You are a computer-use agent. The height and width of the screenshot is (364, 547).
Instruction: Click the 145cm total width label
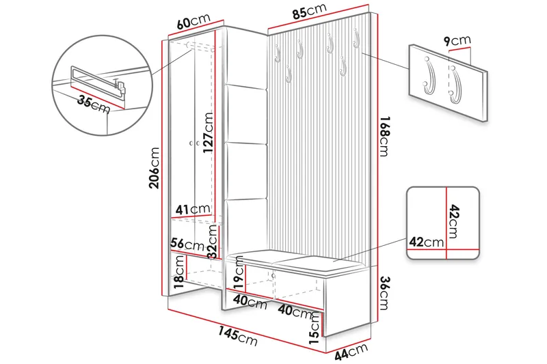click(x=239, y=336)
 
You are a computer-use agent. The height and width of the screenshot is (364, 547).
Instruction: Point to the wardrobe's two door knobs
click(x=193, y=143)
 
